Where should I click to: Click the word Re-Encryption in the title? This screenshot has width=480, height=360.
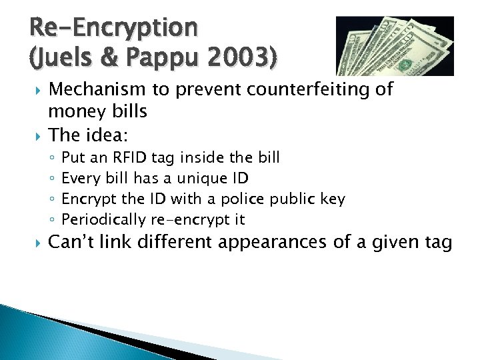pyautogui.click(x=113, y=27)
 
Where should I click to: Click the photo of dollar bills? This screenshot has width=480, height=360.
pyautogui.click(x=394, y=45)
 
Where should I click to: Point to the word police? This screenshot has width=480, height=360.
pyautogui.click(x=251, y=199)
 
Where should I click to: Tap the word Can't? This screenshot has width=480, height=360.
pyautogui.click(x=75, y=243)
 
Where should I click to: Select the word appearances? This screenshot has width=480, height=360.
pyautogui.click(x=288, y=243)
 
